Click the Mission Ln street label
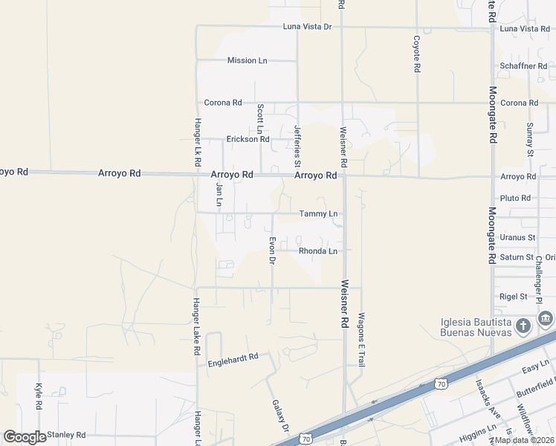pyautogui.click(x=247, y=60)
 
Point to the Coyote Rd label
pyautogui.click(x=417, y=54)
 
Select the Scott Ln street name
pyautogui.click(x=260, y=120)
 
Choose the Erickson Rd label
pyautogui.click(x=248, y=139)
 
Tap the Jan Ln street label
pyautogui.click(x=219, y=190)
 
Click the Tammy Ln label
pyautogui.click(x=318, y=214)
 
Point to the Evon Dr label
pyautogui.click(x=272, y=249)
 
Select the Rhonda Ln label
pyautogui.click(x=318, y=251)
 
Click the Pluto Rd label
pyautogui.click(x=515, y=198)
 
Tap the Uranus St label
pyautogui.click(x=517, y=237)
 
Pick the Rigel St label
pyautogui.click(x=513, y=296)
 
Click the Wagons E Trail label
pyautogui.click(x=361, y=339)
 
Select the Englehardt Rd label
pyautogui.click(x=233, y=357)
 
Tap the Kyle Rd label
pyautogui.click(x=39, y=396)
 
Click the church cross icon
pyautogui.click(x=523, y=325)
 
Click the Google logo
pyautogui.click(x=25, y=436)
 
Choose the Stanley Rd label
pyautogui.click(x=66, y=435)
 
